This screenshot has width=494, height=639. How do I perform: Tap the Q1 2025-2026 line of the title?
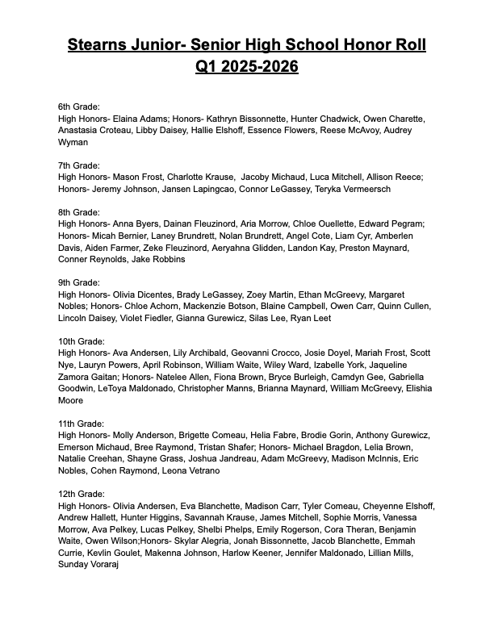click(x=246, y=66)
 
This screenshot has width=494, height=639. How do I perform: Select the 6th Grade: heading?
click(x=79, y=106)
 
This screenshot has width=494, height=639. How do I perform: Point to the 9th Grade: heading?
click(x=79, y=283)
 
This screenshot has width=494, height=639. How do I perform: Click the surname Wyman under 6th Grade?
click(x=73, y=142)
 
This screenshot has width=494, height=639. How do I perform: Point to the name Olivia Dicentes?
click(x=144, y=295)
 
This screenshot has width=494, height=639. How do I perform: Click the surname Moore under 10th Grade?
click(x=73, y=401)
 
